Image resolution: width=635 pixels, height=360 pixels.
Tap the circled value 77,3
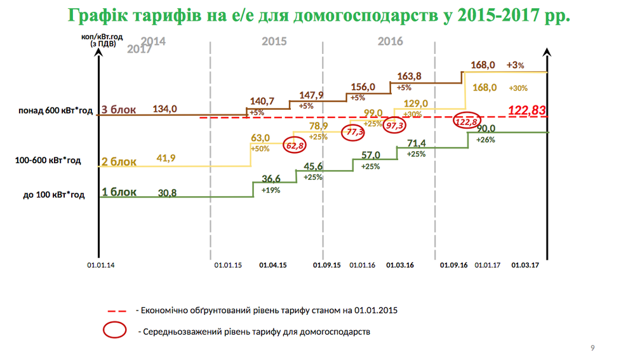point(354,132)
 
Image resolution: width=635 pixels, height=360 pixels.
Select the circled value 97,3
point(394,125)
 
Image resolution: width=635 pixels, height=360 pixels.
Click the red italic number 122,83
point(527,110)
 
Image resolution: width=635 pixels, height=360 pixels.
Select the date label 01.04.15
point(274,265)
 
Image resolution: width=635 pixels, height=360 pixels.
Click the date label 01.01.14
point(100,265)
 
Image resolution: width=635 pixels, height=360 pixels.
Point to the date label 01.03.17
point(525,265)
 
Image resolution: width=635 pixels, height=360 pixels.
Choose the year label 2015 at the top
point(274,41)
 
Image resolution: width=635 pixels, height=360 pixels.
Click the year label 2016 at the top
point(391,41)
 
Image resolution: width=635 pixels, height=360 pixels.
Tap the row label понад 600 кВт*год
point(55,111)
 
